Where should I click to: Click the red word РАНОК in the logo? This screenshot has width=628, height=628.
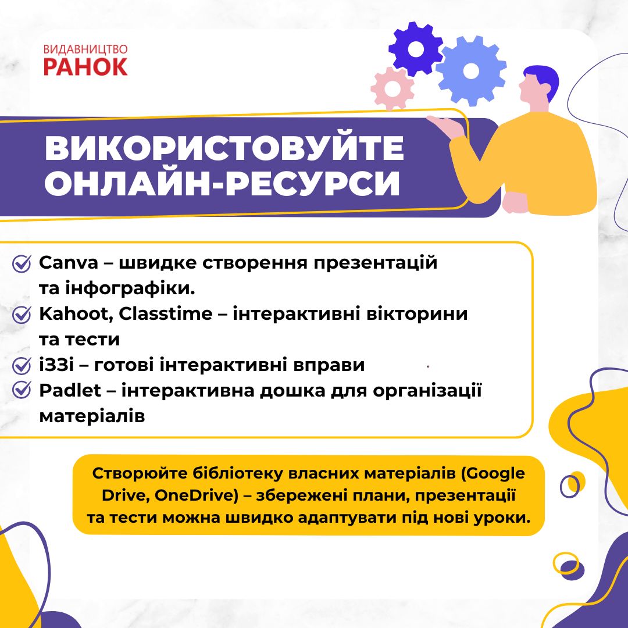(85, 66)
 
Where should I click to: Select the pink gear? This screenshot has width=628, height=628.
(392, 88)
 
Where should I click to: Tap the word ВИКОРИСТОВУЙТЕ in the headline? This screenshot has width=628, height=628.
(224, 148)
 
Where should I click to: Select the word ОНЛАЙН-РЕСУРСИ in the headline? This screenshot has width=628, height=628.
(222, 183)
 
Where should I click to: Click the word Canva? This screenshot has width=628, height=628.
(69, 263)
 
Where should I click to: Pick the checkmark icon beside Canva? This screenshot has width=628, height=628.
(22, 263)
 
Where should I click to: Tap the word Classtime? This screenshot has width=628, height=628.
(165, 313)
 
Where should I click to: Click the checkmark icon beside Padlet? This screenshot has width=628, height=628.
(22, 390)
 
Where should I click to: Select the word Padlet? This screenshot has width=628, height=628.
(70, 391)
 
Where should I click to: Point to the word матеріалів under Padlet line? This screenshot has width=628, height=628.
(92, 416)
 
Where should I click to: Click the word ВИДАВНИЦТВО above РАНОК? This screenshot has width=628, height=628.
(85, 49)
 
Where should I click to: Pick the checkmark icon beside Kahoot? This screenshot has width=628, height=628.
(22, 315)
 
